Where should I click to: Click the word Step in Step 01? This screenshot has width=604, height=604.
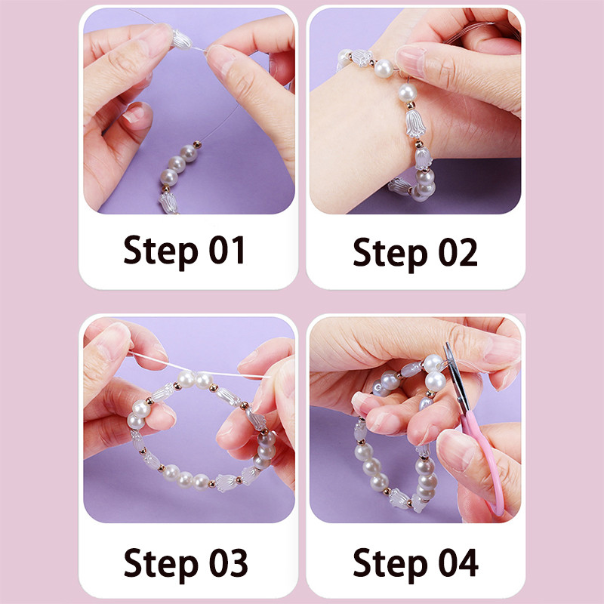pos(160,251)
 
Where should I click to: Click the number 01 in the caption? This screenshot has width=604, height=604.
pos(227,249)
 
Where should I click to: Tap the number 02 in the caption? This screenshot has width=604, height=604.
pos(458,251)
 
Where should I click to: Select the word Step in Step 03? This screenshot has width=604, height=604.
pos(161,564)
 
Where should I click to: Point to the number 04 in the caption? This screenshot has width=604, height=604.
pos(458,562)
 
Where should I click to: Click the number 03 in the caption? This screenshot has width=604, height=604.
pos(229,562)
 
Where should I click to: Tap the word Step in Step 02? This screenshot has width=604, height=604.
pos(390,254)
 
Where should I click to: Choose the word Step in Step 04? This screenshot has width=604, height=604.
pos(390,564)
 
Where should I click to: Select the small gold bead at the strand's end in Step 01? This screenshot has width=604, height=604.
pos(197,145)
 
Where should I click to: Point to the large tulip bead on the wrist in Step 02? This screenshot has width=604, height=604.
pos(415,123)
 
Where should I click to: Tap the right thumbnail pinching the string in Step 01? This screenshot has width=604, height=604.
pos(218,57)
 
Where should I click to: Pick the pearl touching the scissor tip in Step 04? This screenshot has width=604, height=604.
pos(433,363)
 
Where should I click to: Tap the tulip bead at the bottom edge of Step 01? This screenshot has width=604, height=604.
pos(168,203)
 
